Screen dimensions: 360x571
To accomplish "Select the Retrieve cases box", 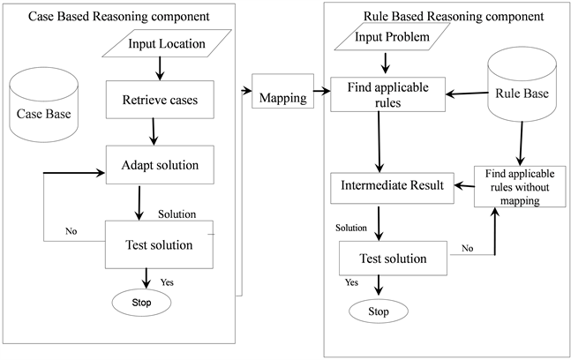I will click(x=160, y=100).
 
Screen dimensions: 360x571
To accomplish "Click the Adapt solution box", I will click(x=160, y=165).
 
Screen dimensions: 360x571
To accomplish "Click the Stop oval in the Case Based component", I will click(x=141, y=303).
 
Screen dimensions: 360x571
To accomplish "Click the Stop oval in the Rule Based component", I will click(x=378, y=311).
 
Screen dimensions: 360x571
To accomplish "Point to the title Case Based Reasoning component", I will click(x=118, y=16).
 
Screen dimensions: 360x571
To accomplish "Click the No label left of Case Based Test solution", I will click(x=70, y=232).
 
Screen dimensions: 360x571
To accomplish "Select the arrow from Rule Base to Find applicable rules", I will click(x=468, y=91).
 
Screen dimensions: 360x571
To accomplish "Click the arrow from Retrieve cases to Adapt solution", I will click(x=155, y=131).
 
